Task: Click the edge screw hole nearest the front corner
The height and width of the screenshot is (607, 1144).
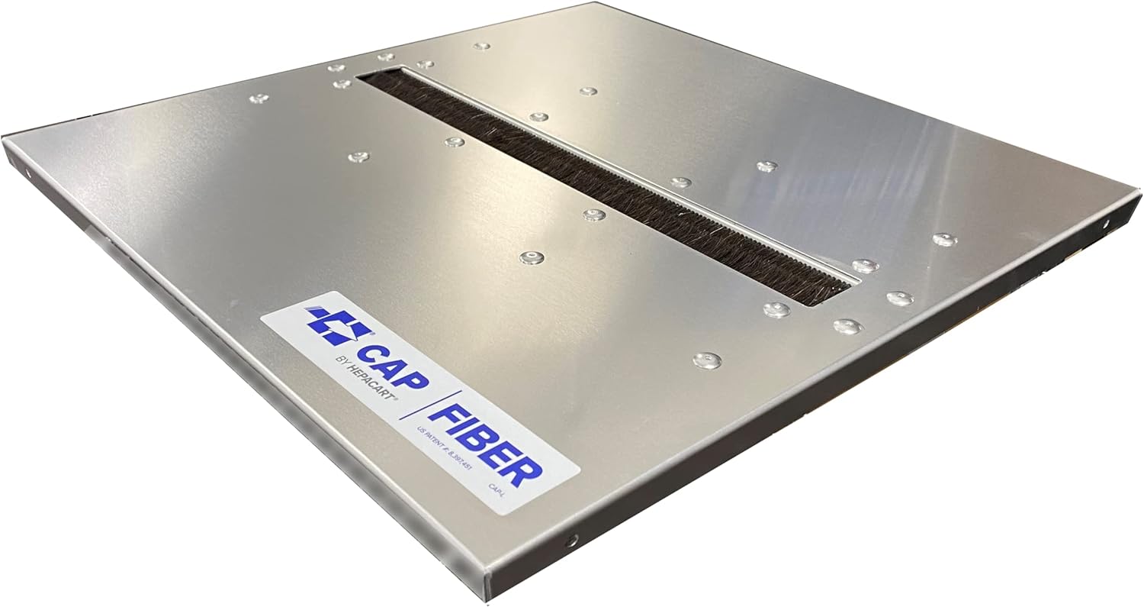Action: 570,541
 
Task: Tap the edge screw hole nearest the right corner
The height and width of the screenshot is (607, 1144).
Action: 1107,224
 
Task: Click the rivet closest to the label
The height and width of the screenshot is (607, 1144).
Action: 532,257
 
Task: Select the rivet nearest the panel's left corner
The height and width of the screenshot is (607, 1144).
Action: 259,98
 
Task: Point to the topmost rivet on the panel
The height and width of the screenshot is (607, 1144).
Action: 481,46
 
